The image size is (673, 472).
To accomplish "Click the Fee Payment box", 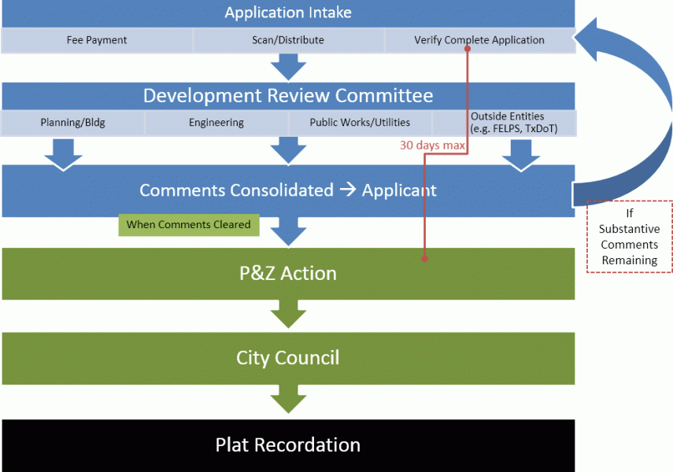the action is (97, 40).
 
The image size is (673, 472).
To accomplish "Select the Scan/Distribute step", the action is (288, 40).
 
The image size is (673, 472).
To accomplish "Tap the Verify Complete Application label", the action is (479, 40).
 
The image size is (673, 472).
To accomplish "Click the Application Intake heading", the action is (288, 13).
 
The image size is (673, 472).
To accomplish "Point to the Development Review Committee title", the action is (288, 95).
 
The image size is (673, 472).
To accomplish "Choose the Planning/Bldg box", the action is (72, 123).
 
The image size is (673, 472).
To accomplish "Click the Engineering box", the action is (216, 123).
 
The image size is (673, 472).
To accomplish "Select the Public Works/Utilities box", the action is (360, 123).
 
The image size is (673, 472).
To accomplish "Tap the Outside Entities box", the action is (505, 123).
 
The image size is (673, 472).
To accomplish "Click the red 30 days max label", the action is (432, 145).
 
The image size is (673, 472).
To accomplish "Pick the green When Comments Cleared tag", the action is (189, 225).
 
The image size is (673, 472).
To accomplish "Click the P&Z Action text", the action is (288, 273).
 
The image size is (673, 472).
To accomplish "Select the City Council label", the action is (288, 358).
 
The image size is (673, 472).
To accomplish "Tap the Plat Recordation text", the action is (288, 445).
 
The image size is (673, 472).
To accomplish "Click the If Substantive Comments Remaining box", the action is (629, 237).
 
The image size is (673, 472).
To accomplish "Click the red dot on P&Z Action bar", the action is (424, 259).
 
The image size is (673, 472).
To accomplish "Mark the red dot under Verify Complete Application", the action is (468, 49).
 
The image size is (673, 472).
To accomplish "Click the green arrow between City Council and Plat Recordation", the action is (288, 399).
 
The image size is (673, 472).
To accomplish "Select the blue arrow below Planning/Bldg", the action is (64, 154).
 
